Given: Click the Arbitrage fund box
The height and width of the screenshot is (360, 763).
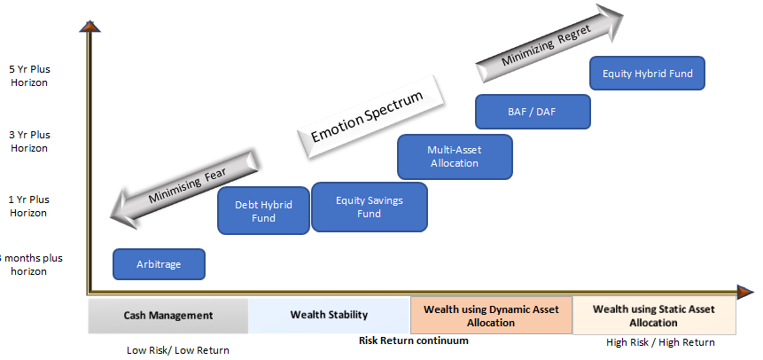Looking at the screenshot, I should click(x=159, y=264).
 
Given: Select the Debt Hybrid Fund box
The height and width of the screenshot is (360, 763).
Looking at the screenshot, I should click(x=263, y=211).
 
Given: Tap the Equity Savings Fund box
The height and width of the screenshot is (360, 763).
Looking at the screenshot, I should click(x=369, y=207).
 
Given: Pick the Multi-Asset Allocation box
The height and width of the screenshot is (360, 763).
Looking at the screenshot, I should click(x=454, y=156).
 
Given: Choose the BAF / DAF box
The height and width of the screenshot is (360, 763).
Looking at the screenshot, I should click(x=533, y=112).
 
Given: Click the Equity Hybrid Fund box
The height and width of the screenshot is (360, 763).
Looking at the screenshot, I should click(x=647, y=74).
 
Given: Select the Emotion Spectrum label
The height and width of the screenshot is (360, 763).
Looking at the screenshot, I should click(x=367, y=116).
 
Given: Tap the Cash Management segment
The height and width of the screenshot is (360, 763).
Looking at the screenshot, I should click(x=168, y=316).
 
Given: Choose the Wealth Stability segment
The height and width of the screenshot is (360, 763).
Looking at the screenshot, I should click(x=329, y=316).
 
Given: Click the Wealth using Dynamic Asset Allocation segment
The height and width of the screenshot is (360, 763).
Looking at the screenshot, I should click(x=491, y=316).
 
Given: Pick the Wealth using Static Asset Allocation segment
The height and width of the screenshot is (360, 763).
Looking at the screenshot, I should click(x=654, y=316).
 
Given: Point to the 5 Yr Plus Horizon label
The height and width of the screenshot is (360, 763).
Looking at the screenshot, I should click(x=29, y=75).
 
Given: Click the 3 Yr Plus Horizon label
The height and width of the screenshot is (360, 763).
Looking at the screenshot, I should click(x=29, y=141).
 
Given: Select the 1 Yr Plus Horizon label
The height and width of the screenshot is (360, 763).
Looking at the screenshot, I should click(x=29, y=206).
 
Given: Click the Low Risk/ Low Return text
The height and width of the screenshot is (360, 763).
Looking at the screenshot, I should click(x=178, y=350).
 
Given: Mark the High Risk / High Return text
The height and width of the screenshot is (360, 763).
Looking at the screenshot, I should click(x=660, y=342).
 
